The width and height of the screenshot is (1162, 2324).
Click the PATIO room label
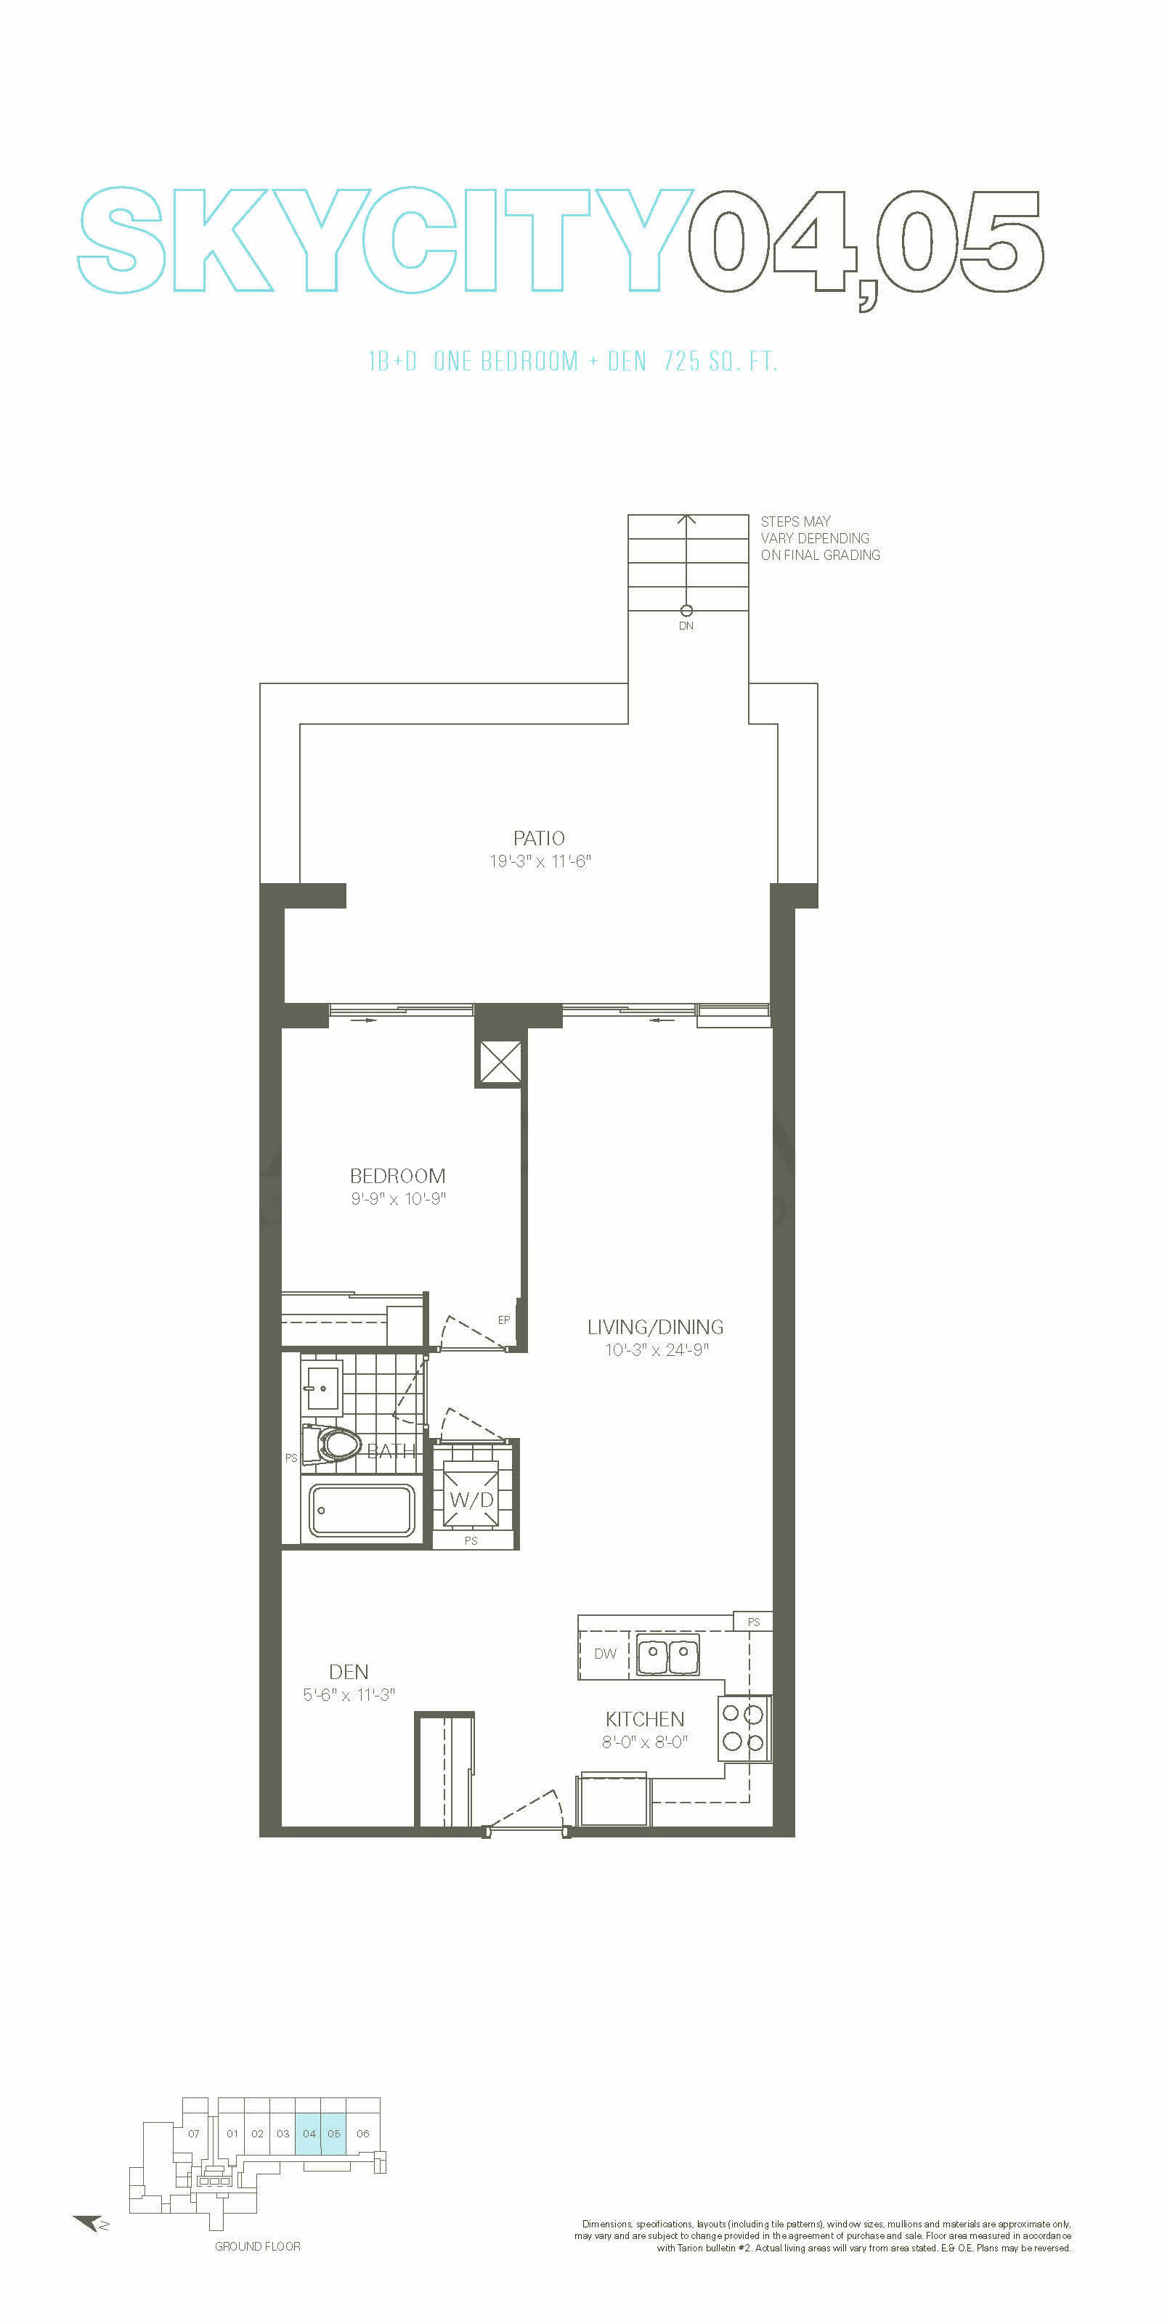coord(539,838)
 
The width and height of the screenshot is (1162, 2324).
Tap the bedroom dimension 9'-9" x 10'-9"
coord(398,1199)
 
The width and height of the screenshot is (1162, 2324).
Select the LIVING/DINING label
coord(655,1327)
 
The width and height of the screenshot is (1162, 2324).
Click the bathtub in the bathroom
coord(362,1511)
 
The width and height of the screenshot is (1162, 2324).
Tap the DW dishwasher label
coord(604,1654)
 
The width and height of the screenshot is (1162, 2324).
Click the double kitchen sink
coord(668,1654)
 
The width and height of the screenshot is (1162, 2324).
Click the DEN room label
coord(349,1672)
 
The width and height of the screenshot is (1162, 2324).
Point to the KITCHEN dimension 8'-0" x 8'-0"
coord(645,1742)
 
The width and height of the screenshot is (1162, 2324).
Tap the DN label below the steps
coord(686,626)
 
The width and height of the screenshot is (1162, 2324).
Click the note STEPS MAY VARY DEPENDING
coord(815,529)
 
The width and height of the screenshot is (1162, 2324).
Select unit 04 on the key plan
coord(309,2134)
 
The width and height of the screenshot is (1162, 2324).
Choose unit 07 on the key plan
coord(194,2134)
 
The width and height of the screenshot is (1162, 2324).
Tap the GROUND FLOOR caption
coord(257,2246)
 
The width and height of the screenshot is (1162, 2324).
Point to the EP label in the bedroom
coord(503,1320)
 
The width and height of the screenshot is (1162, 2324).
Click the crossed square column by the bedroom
coord(499,1061)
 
